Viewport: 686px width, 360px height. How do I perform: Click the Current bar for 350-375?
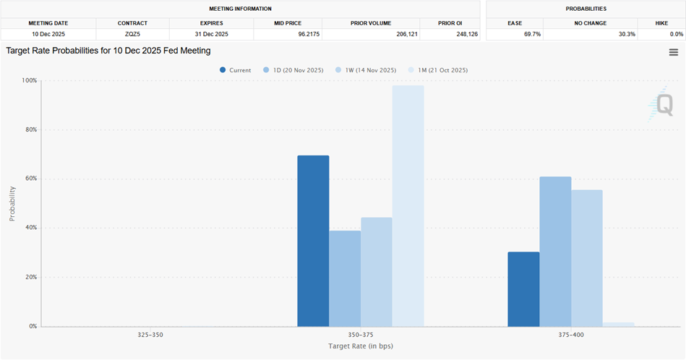pyautogui.click(x=313, y=241)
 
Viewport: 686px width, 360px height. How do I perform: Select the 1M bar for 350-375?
pyautogui.click(x=408, y=206)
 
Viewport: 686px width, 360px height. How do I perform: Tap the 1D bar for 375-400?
pyautogui.click(x=555, y=252)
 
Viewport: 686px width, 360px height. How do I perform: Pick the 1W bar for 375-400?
pyautogui.click(x=587, y=258)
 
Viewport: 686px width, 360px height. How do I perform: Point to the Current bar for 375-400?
pyautogui.click(x=523, y=289)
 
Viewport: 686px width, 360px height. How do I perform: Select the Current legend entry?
pyautogui.click(x=236, y=70)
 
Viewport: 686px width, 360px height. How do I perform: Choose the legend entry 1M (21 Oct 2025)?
pyautogui.click(x=440, y=70)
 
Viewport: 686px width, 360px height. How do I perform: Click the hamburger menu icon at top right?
pyautogui.click(x=674, y=52)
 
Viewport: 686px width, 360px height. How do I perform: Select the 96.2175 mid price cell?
pyautogui.click(x=288, y=34)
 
